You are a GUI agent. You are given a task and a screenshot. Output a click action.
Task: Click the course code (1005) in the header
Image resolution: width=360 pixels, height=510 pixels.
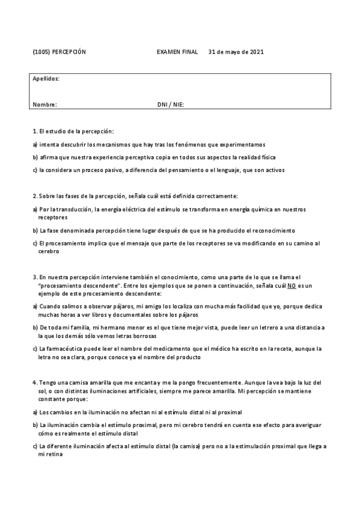click(41, 52)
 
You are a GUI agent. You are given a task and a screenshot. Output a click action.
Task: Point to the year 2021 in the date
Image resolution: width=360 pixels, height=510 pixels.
click(257, 52)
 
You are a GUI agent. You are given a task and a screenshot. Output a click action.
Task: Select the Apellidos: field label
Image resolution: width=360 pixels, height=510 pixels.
click(46, 79)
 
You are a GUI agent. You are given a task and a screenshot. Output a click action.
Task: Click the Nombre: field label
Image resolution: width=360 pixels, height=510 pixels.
click(45, 104)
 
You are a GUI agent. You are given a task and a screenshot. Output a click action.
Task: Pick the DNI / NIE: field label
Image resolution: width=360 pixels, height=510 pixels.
click(171, 104)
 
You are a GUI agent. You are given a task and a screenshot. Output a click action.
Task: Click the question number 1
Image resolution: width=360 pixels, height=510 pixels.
click(34, 131)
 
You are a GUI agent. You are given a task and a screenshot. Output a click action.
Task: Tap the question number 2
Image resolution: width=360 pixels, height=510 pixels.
click(34, 196)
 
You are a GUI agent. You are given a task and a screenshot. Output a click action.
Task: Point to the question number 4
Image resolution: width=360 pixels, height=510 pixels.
click(34, 382)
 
